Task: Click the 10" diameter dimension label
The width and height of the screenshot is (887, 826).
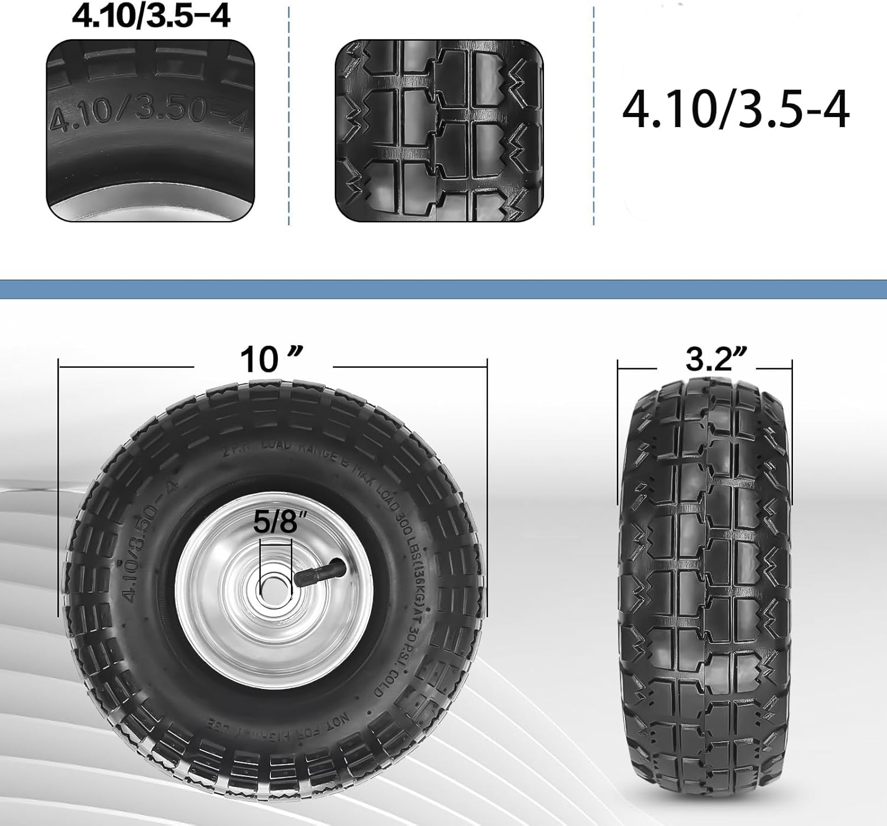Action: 271,359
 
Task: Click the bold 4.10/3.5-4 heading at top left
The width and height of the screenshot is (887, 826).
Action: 151,17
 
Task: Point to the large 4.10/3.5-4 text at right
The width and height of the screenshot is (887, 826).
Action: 736,110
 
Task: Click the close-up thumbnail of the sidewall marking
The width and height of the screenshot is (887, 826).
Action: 151,131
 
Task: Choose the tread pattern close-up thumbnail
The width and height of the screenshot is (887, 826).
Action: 439,131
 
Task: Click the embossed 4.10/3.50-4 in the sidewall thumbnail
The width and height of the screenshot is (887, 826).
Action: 148,114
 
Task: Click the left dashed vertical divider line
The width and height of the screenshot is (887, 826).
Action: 289,115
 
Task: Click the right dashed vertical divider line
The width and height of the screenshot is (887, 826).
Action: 593,115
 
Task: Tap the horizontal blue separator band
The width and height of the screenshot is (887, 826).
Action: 444,289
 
